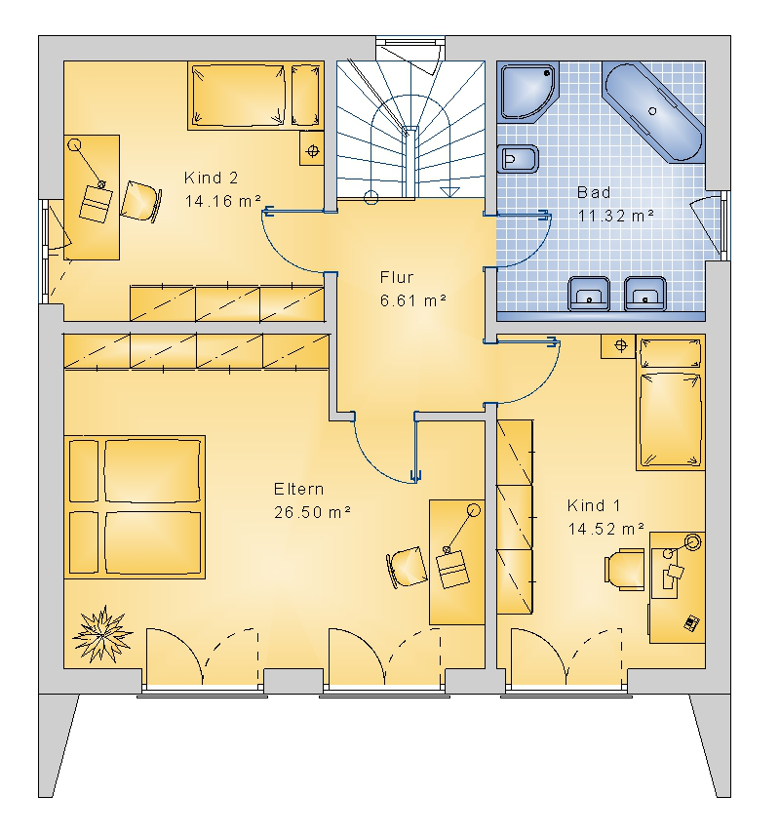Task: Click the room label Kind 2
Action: click(x=211, y=178)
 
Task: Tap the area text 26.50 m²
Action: click(x=312, y=512)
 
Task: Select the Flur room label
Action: click(x=397, y=277)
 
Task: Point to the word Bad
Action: click(x=594, y=192)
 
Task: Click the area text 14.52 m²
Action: click(x=605, y=529)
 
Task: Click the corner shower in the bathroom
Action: click(x=527, y=92)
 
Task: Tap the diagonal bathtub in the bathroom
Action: click(x=653, y=111)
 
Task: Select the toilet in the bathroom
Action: click(x=518, y=159)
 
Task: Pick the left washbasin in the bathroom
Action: click(x=589, y=294)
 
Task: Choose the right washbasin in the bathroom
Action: click(x=645, y=294)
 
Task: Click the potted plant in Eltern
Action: click(x=101, y=634)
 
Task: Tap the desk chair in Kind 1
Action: click(x=624, y=570)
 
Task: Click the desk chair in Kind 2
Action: click(x=140, y=202)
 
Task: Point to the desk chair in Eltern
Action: click(x=407, y=568)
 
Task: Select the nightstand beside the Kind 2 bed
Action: click(x=312, y=151)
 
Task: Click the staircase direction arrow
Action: click(x=450, y=191)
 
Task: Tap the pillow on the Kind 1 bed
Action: click(x=670, y=353)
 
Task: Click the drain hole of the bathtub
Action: click(x=652, y=111)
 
